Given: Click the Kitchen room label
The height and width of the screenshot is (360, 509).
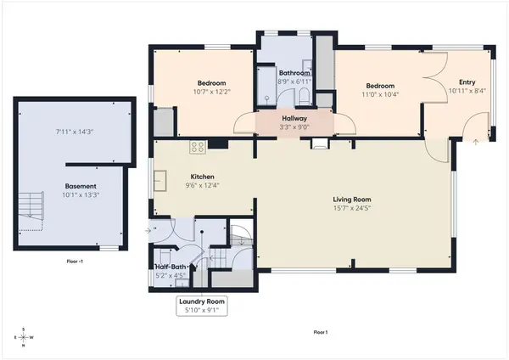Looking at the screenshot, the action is [x=202, y=177].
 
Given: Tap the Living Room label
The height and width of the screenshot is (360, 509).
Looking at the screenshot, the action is [x=352, y=200].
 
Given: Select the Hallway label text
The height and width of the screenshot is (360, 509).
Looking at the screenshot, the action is [x=294, y=118].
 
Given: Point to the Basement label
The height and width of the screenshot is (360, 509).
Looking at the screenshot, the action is [x=81, y=186].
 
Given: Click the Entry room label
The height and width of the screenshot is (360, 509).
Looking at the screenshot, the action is [x=467, y=82].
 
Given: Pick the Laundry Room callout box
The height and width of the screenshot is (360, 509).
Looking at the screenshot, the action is [x=202, y=306].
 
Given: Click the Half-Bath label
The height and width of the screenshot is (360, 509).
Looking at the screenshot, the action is [x=171, y=267].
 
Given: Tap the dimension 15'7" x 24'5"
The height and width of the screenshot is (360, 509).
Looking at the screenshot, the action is [x=352, y=208].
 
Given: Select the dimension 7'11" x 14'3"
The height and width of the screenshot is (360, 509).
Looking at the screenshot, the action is [x=75, y=132].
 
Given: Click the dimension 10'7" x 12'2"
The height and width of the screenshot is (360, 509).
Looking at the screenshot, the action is [x=211, y=92].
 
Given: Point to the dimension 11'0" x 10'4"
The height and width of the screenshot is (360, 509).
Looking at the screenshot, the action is [x=380, y=94].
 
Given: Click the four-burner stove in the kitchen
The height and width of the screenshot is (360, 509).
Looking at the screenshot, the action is [x=198, y=147].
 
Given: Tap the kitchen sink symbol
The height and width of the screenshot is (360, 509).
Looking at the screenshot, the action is [x=160, y=181].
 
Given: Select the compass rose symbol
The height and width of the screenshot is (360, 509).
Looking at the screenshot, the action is [x=24, y=337].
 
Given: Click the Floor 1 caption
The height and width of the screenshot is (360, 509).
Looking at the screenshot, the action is [x=321, y=332].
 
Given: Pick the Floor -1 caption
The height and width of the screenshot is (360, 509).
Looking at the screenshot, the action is [x=75, y=261].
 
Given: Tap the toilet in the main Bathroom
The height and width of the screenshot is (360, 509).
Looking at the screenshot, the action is [x=304, y=97].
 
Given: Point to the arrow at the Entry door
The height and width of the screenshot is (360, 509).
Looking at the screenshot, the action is [x=476, y=142].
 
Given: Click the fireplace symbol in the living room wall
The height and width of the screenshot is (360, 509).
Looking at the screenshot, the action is [x=320, y=143].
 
